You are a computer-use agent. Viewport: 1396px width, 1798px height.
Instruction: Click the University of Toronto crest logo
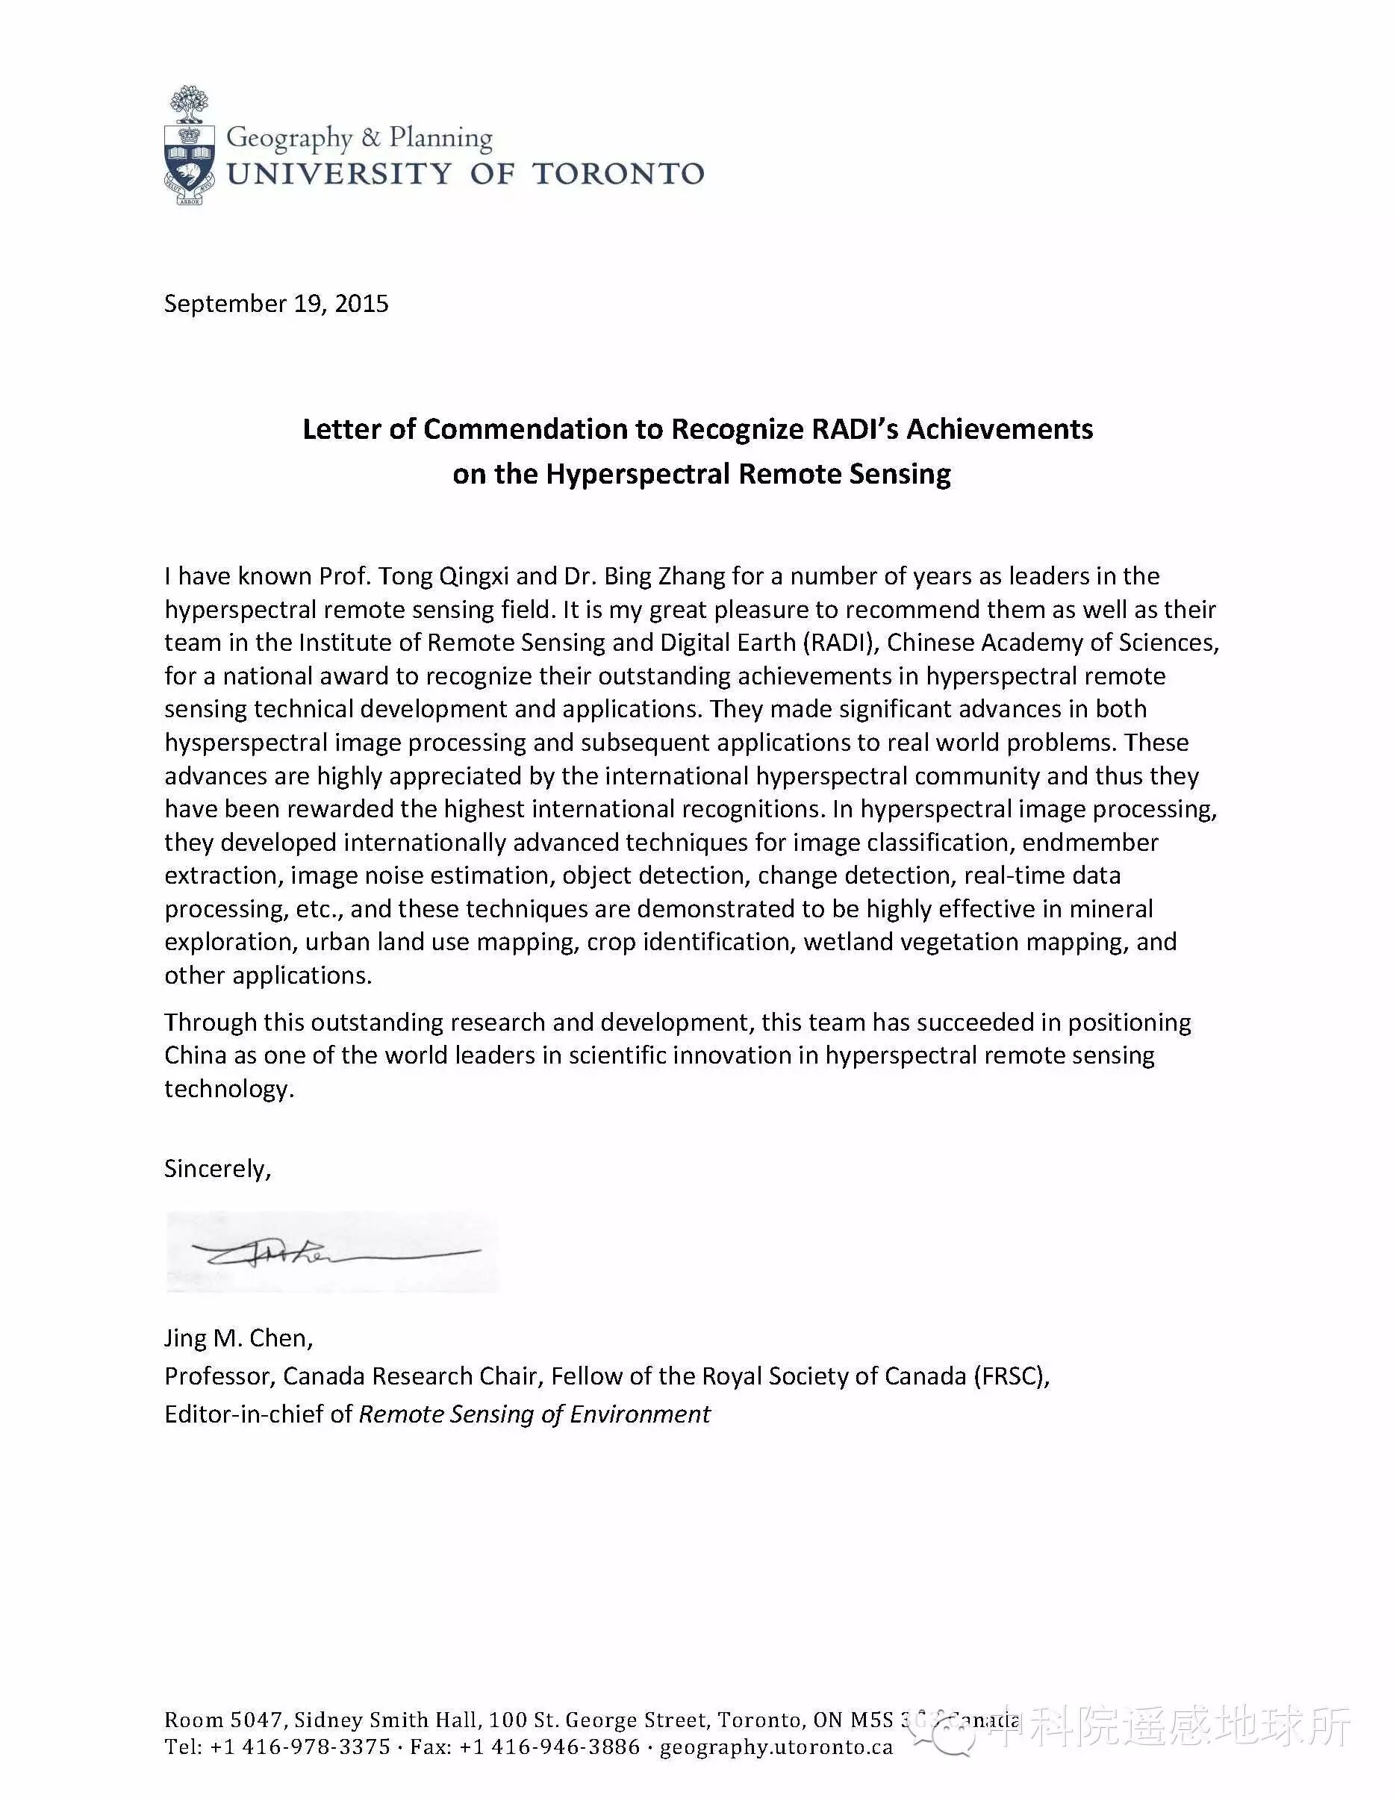tap(190, 145)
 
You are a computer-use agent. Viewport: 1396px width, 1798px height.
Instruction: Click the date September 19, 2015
tap(276, 304)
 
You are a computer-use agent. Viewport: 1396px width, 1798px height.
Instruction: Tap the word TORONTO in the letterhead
tap(617, 174)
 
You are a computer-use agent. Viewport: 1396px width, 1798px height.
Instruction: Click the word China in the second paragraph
tap(195, 1055)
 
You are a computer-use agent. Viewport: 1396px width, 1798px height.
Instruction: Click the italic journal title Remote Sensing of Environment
tap(535, 1414)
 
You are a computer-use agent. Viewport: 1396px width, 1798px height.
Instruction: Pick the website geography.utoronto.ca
tap(776, 1747)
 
